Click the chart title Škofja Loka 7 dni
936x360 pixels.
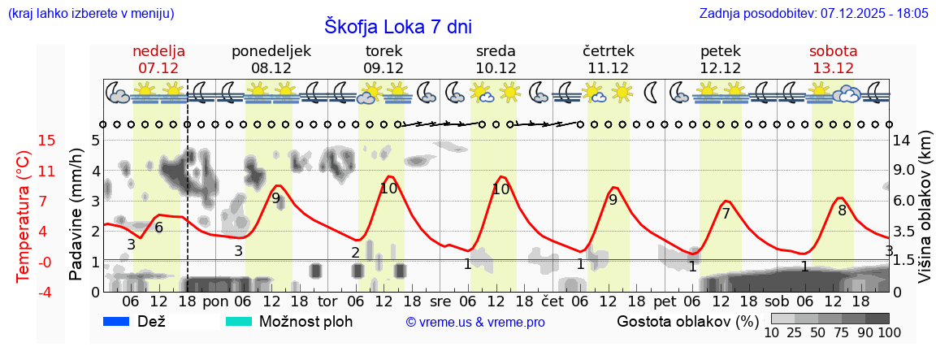(x=398, y=26)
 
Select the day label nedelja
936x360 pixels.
(x=159, y=51)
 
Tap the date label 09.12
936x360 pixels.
(x=383, y=68)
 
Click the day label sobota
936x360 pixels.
(x=833, y=51)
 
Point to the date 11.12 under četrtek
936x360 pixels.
(x=608, y=68)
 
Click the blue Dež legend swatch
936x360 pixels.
(x=117, y=321)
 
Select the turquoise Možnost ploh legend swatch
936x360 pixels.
(x=239, y=321)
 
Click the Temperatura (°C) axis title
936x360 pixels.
(x=24, y=215)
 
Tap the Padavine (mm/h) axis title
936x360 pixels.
(x=76, y=215)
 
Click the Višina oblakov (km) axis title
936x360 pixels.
(x=925, y=215)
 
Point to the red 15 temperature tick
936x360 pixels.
(x=24, y=141)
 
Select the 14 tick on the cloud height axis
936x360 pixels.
(x=903, y=141)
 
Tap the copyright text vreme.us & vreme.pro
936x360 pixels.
(x=475, y=322)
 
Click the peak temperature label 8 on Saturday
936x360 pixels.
(x=843, y=210)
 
